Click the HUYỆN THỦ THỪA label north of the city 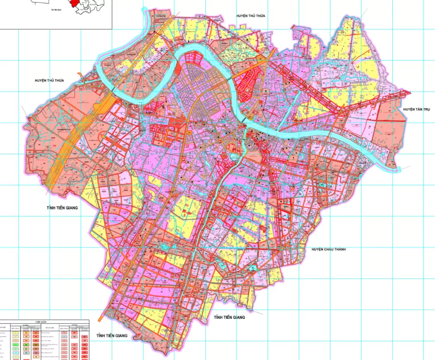[x=251, y=15]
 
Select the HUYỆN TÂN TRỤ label [x=416, y=109]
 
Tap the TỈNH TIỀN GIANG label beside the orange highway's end [x=62, y=207]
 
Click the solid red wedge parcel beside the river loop [x=179, y=69]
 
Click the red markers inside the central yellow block [x=186, y=212]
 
